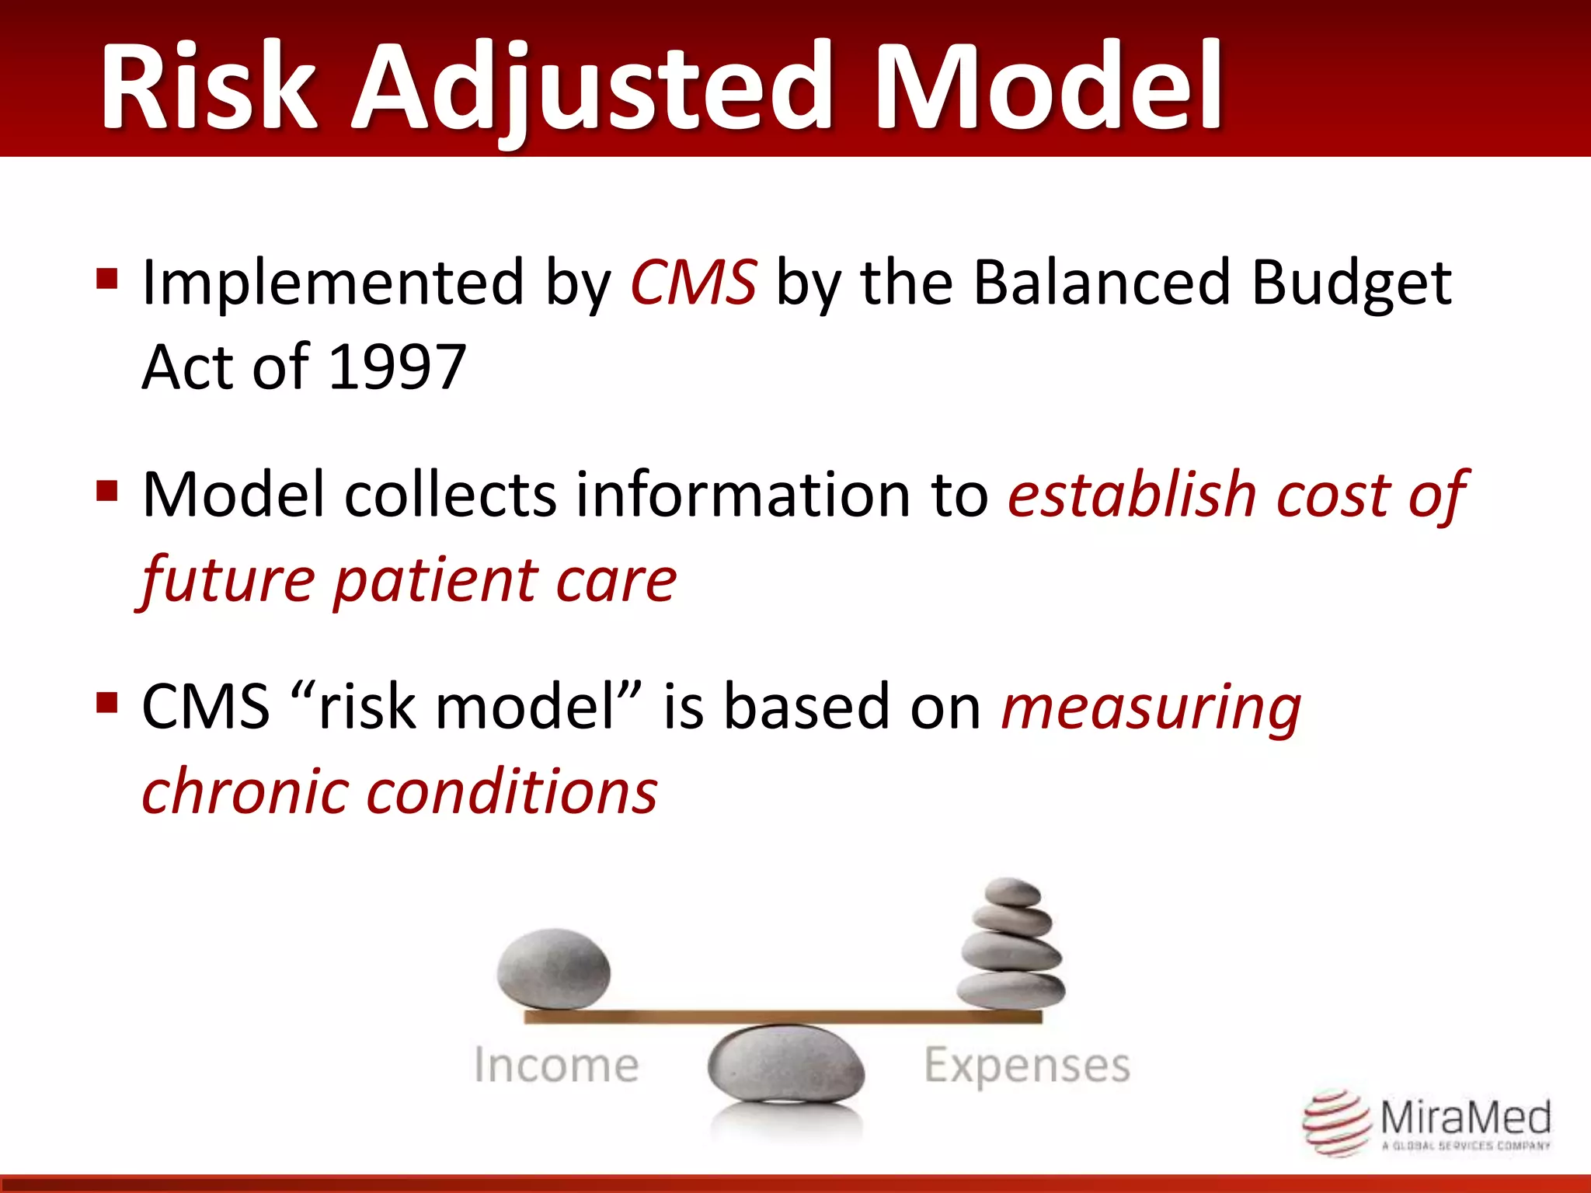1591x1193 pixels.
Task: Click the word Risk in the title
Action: [208, 87]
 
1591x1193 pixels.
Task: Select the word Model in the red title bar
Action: [1049, 87]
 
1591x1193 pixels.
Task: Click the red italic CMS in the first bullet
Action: [692, 283]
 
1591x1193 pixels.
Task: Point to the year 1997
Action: [397, 367]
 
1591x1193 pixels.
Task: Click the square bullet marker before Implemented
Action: [106, 278]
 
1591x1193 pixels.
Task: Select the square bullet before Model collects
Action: [106, 491]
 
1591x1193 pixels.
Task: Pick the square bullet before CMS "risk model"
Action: [106, 703]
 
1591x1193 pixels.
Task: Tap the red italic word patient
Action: [434, 581]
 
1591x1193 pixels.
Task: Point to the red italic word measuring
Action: [1151, 708]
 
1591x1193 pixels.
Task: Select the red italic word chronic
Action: [245, 792]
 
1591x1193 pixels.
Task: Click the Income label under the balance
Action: [556, 1065]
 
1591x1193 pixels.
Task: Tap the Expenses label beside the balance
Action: [1026, 1066]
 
